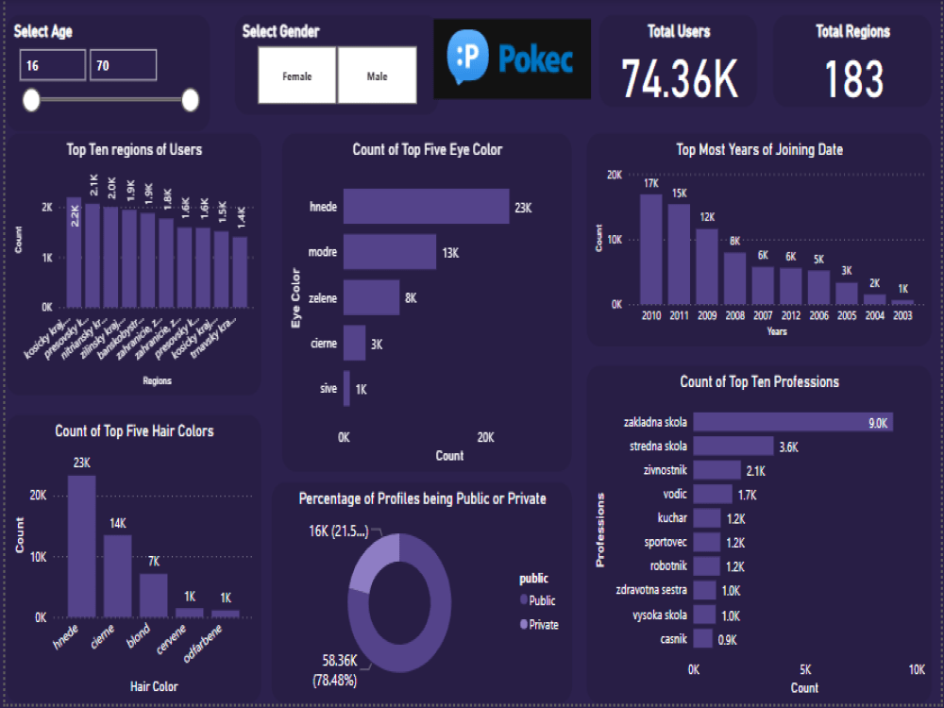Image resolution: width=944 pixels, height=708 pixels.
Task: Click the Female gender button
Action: point(297,76)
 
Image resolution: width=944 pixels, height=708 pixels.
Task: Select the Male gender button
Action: point(377,76)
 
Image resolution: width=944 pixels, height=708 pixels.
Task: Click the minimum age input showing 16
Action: point(52,66)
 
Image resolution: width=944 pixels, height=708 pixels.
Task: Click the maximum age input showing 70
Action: point(123,66)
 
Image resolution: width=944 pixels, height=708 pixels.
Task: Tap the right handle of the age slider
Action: point(190,100)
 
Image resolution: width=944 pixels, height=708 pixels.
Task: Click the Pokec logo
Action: point(512,59)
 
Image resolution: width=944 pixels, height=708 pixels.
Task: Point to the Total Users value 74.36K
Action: point(679,79)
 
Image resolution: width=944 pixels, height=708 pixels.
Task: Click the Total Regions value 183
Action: point(853,79)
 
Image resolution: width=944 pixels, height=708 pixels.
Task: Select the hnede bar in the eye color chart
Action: point(425,207)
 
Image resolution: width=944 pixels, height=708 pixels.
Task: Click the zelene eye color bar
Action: point(371,297)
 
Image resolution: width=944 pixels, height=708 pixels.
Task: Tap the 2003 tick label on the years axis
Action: point(902,316)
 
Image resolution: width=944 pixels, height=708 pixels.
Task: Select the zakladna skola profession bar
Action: point(792,422)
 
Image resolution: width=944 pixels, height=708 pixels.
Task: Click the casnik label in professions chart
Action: point(674,639)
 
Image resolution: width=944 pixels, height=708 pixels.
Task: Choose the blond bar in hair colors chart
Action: point(153,595)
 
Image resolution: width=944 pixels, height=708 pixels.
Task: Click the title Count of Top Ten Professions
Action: point(759,382)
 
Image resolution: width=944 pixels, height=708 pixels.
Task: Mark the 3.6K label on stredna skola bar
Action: point(789,447)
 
